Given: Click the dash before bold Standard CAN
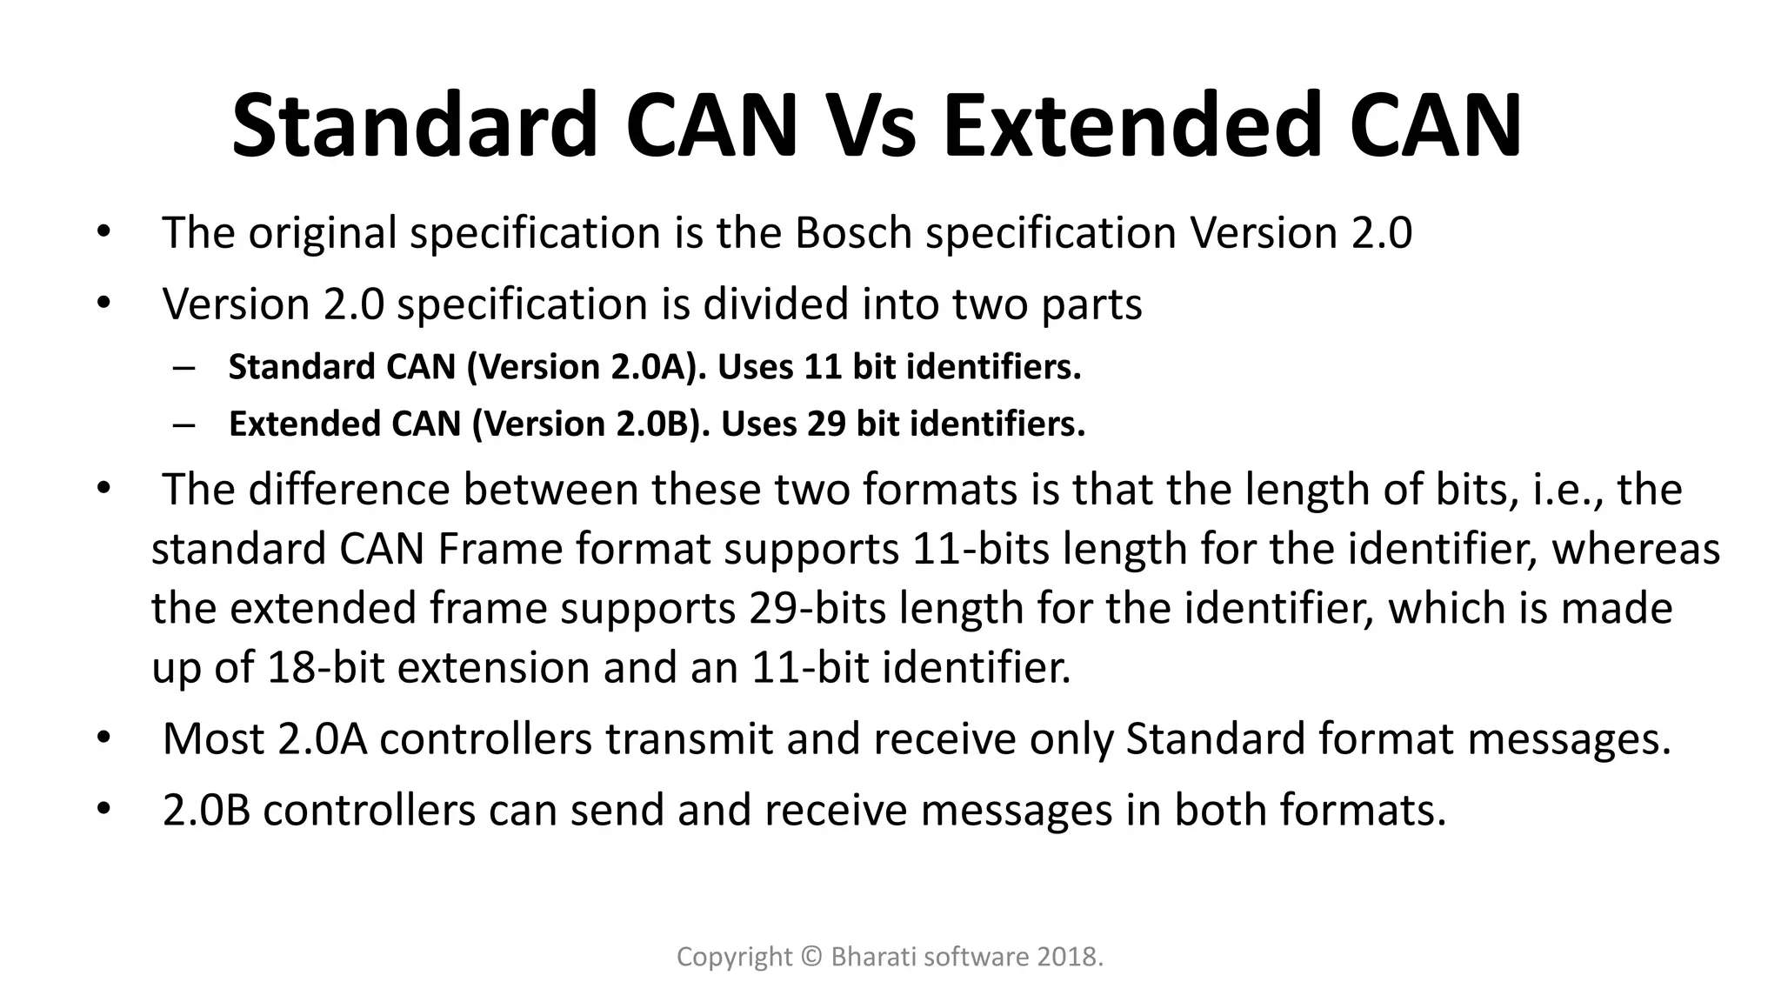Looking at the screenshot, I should point(184,367).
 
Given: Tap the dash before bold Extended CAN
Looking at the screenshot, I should point(184,424).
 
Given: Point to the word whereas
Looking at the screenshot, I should point(1636,550).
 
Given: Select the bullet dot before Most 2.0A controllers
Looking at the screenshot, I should point(103,739).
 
